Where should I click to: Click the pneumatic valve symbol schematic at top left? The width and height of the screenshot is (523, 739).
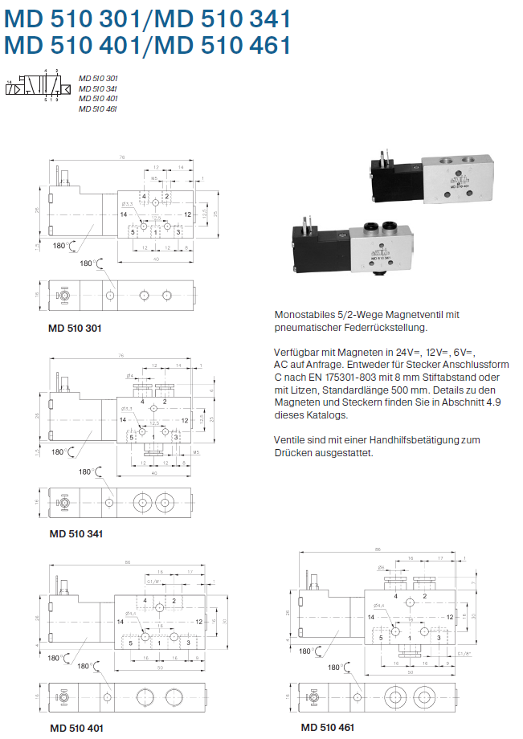(35, 86)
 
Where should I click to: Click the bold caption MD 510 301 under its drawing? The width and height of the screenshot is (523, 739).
(75, 328)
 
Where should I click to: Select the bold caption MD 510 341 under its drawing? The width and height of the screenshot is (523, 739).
(76, 533)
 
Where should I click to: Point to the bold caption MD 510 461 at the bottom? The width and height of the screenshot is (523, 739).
(328, 728)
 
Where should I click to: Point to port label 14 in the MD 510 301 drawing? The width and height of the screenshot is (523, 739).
(125, 215)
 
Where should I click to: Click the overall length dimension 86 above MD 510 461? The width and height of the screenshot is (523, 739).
(377, 549)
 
